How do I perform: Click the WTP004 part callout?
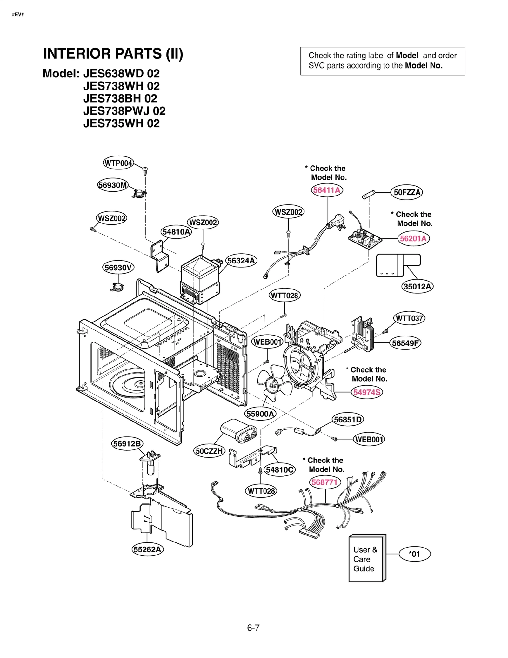(x=118, y=163)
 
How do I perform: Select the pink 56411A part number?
(x=327, y=190)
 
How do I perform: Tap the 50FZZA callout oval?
(x=407, y=192)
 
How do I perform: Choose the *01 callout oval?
(x=414, y=554)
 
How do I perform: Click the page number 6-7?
(x=253, y=628)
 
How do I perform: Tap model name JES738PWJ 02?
(x=124, y=111)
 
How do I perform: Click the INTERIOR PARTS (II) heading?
(x=113, y=54)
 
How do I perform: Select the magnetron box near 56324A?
(x=200, y=279)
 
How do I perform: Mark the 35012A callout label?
(x=417, y=287)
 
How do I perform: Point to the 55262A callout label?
(x=147, y=549)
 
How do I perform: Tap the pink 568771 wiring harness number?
(x=324, y=482)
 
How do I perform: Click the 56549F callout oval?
(x=405, y=343)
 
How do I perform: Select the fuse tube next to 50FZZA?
(x=369, y=195)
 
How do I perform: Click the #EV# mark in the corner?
(x=18, y=15)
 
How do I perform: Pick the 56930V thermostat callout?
(x=118, y=268)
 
